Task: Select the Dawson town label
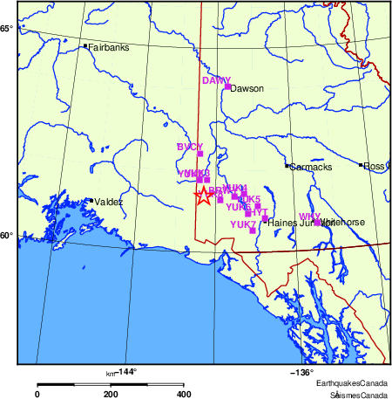pos(247,88)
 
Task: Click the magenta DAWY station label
pos(216,80)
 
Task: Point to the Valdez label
pos(109,202)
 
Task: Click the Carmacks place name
pos(310,167)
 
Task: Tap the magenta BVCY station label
pos(189,147)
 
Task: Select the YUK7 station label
pos(243,224)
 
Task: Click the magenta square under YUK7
pos(253,231)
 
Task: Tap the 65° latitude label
pos(6,30)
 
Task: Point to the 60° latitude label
pos(6,235)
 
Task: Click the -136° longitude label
pos(301,372)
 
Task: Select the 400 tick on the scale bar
pos(184,394)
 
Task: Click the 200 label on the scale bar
pos(111,394)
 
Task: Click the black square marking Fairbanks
pos(85,46)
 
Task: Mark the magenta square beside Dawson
pos(227,86)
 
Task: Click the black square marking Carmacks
pos(287,165)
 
